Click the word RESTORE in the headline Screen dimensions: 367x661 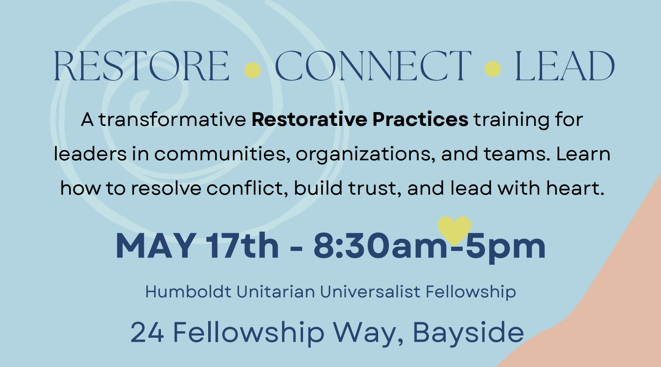pos(141,66)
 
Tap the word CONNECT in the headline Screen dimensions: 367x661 pos(373,66)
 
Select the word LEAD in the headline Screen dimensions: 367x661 pos(564,66)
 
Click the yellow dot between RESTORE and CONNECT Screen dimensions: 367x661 pos(253,70)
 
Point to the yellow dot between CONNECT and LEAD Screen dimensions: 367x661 pos(493,69)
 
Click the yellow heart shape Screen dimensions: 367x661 pos(454,229)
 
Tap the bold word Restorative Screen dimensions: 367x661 pos(309,119)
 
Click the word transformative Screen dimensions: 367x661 pos(172,119)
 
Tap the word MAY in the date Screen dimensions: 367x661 pos(156,246)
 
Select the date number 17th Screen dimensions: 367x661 pos(242,246)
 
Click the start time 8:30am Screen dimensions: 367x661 pos(381,246)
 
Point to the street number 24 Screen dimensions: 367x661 pos(147,333)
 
